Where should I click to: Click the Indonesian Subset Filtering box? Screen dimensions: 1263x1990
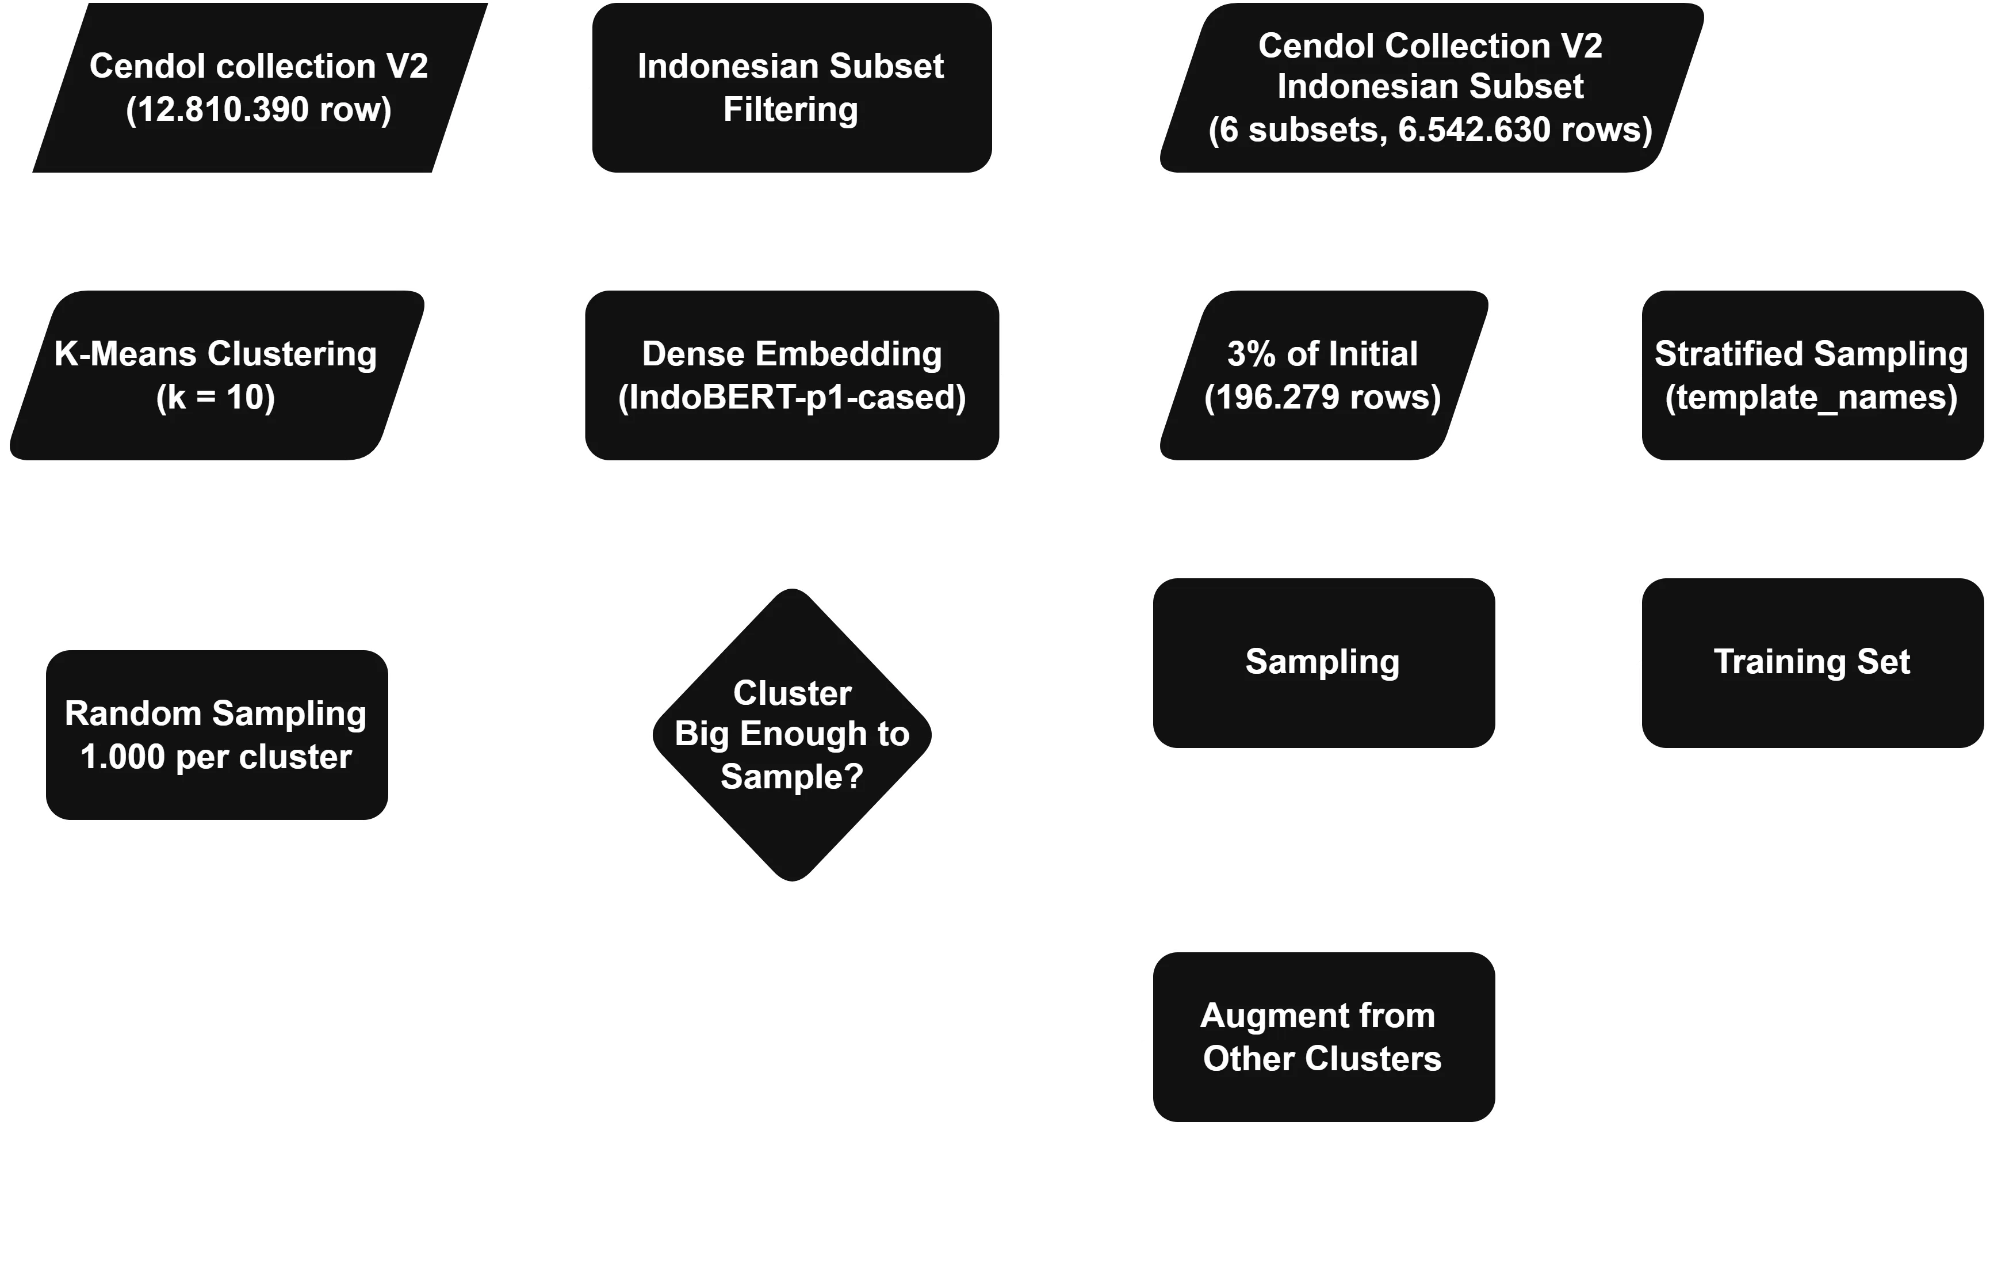pyautogui.click(x=792, y=87)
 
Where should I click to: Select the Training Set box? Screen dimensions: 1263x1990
pyautogui.click(x=1812, y=663)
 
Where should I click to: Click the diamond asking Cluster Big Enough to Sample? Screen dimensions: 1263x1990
pyautogui.click(x=792, y=734)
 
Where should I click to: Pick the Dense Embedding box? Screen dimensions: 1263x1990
pyautogui.click(x=792, y=375)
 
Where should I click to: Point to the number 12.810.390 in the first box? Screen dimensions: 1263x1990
pyautogui.click(x=218, y=110)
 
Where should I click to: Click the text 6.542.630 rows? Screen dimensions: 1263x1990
pyautogui.click(x=1525, y=130)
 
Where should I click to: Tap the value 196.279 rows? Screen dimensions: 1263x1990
pyautogui.click(x=1322, y=398)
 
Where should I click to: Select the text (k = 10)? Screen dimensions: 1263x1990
pyautogui.click(x=216, y=398)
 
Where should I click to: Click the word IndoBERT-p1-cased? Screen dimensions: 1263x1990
pyautogui.click(x=792, y=398)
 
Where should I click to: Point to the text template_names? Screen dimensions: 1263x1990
pyautogui.click(x=1812, y=398)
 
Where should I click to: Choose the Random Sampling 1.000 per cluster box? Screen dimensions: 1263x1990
pyautogui.click(x=216, y=734)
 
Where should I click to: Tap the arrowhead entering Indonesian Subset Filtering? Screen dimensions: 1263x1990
pyautogui.click(x=575, y=87)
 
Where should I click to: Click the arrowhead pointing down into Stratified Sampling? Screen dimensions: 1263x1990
pyautogui.click(x=1812, y=273)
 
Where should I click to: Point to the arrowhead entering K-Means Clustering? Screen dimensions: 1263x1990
pyautogui.click(x=422, y=375)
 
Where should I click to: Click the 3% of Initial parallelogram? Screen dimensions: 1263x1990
pyautogui.click(x=1322, y=375)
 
